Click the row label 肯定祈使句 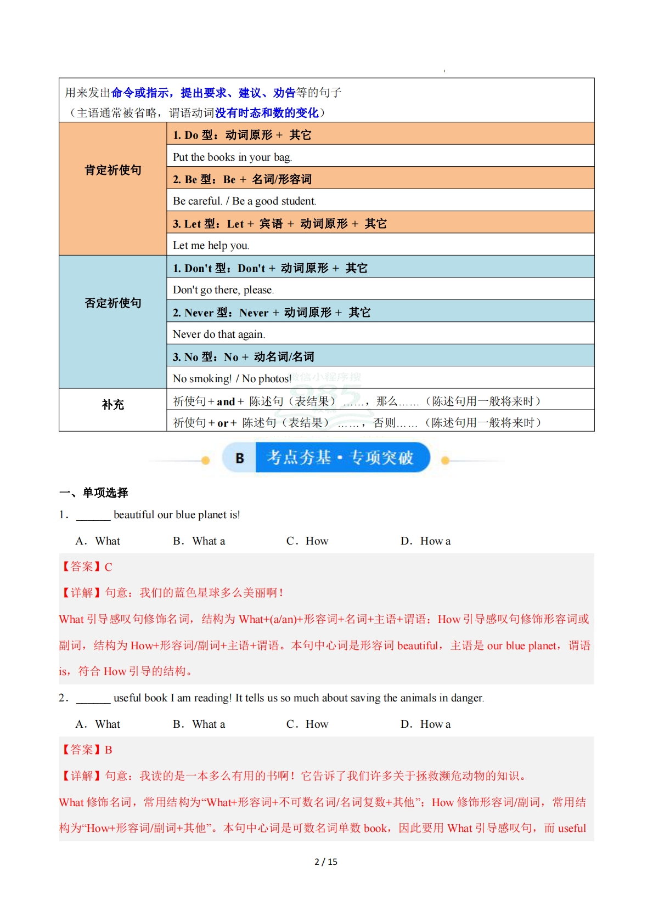(x=112, y=170)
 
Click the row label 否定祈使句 (x=112, y=303)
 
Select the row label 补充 (x=112, y=405)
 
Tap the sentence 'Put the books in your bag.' (x=232, y=157)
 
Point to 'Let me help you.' (x=211, y=245)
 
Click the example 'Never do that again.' (x=218, y=334)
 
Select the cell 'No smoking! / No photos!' (x=232, y=378)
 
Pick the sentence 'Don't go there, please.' (x=223, y=290)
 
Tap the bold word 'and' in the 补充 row (x=226, y=401)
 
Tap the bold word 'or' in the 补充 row (x=223, y=423)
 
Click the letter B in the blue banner (x=239, y=458)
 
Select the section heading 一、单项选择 (x=94, y=492)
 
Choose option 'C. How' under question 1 (x=307, y=541)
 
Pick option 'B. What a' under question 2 (x=199, y=724)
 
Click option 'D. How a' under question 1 (x=425, y=541)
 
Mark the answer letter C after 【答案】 (x=109, y=567)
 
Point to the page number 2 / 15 (x=326, y=862)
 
